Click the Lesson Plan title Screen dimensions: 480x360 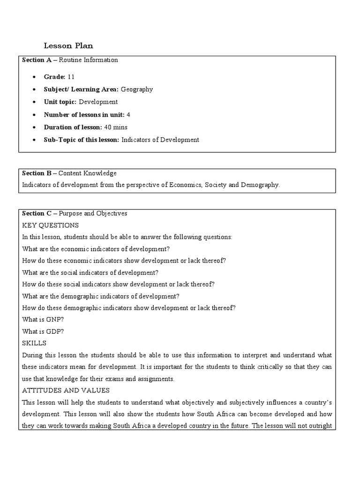68,45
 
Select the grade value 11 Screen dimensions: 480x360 71,76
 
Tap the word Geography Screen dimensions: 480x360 137,89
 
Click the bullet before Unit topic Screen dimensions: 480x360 35,102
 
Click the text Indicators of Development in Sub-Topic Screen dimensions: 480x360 160,140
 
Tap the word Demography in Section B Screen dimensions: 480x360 260,185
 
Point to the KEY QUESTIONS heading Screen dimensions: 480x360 51,225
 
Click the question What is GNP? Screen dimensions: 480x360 43,320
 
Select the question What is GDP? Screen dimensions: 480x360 43,331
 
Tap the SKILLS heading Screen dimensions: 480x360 34,343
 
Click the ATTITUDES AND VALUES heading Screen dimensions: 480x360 66,390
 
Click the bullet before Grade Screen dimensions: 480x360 35,76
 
